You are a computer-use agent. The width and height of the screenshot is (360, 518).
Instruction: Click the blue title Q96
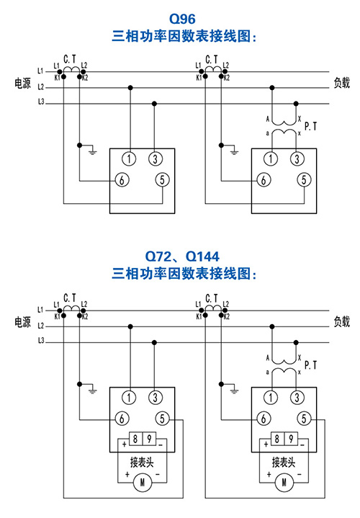point(182,19)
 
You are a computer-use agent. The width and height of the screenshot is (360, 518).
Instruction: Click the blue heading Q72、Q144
point(182,256)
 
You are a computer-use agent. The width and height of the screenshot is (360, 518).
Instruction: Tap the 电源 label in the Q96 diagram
point(22,83)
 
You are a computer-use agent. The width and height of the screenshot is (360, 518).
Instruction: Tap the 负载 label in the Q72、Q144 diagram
point(341,321)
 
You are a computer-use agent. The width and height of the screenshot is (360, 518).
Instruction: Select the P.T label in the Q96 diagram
point(310,126)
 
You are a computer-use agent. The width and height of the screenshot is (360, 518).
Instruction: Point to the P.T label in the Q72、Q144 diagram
point(310,365)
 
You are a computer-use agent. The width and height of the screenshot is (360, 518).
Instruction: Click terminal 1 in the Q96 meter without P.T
point(129,159)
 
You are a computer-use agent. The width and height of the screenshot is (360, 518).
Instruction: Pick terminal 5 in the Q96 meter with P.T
point(304,179)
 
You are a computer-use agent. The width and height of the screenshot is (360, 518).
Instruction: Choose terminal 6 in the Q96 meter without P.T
point(122,180)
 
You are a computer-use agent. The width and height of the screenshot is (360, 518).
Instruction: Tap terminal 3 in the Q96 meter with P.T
point(297,159)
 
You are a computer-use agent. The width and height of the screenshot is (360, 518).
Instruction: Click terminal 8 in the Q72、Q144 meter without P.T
point(135,439)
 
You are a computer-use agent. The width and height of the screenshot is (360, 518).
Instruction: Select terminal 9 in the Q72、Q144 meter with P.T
point(291,439)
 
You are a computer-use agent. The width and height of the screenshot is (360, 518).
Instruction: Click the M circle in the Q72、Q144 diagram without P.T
point(143,483)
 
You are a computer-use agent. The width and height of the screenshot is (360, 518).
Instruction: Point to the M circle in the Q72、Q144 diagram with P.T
point(284,483)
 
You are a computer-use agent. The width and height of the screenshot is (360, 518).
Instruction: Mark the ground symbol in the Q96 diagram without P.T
point(93,152)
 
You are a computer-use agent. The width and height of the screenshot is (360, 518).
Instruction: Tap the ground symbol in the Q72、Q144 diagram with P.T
point(235,391)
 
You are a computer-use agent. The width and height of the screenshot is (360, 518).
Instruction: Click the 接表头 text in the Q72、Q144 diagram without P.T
point(142,463)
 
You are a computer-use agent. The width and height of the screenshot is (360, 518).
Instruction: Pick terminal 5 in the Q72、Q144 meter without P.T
point(162,419)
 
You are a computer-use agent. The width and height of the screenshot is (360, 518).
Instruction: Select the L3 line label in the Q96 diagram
point(41,102)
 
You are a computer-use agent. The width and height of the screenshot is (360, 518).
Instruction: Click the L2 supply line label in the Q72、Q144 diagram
point(41,326)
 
